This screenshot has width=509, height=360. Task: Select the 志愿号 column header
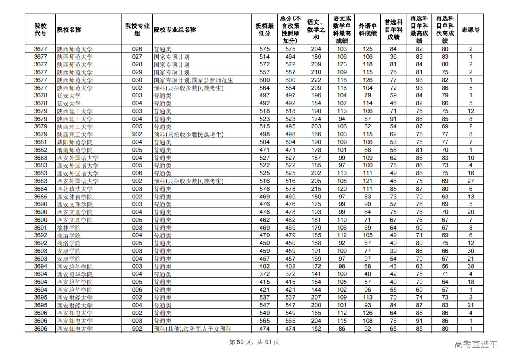point(470,30)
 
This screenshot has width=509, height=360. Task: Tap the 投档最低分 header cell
point(264,30)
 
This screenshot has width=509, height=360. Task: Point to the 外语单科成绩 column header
point(368,30)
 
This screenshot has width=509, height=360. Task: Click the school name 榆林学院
point(69,228)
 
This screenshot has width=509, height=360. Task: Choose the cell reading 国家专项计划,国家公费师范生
point(193,80)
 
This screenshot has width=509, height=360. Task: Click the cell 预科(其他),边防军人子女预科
point(192,329)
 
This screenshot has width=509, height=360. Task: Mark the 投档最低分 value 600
point(264,80)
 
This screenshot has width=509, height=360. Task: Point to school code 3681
point(40,142)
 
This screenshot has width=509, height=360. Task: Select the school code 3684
point(40,189)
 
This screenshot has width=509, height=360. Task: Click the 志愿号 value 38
point(470,266)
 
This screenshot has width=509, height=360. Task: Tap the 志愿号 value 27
point(470,181)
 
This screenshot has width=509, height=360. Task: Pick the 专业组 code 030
point(137,80)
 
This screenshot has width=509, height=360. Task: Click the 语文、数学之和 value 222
point(316,80)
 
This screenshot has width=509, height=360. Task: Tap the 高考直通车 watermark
point(476,344)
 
